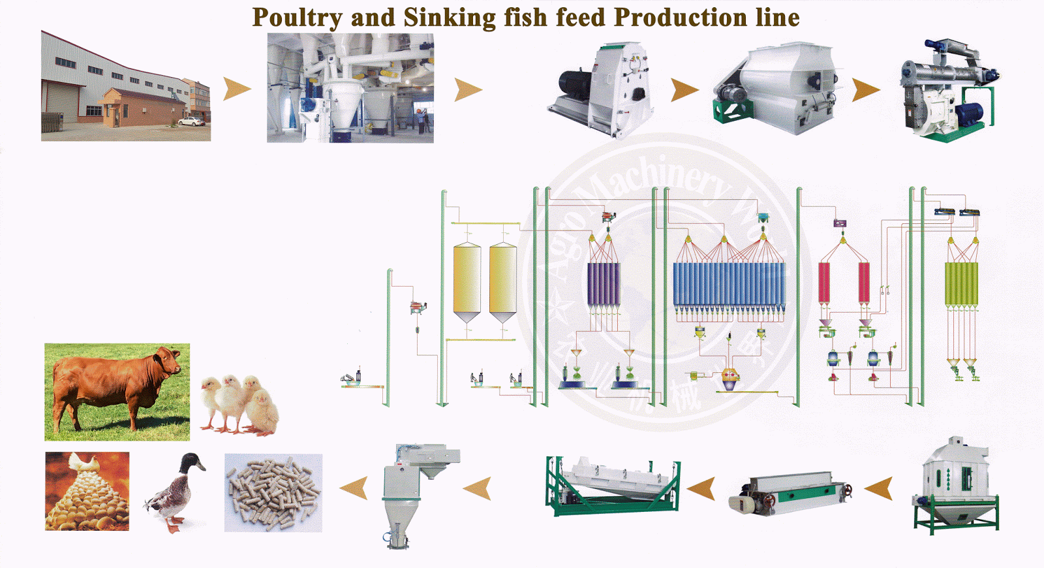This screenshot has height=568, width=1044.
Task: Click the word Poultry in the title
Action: tap(297, 18)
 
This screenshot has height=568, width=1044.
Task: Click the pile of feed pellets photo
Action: tap(273, 492)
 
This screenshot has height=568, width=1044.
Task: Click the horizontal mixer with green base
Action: tap(776, 88)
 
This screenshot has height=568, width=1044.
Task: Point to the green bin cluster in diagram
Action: tap(961, 284)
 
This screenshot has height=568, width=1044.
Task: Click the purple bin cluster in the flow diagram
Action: tap(603, 284)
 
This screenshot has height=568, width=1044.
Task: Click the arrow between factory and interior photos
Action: tap(236, 89)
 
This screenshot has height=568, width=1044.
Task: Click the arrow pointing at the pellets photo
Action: tap(354, 488)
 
